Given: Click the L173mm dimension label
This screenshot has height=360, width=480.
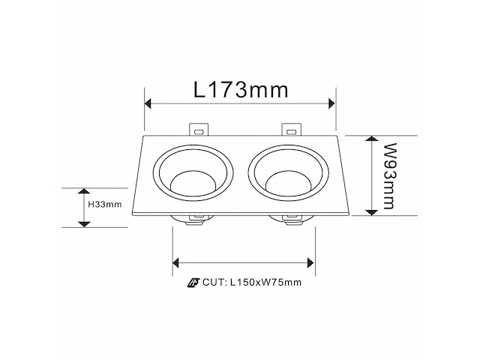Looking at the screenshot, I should coord(240,91).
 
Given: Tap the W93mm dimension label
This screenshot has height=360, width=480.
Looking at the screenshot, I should coord(388,176).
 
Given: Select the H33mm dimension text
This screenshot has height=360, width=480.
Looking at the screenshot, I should coord(104,204).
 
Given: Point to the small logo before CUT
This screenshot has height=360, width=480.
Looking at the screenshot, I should coord(193,283).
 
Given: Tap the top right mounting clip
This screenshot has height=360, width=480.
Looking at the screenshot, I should coord(290,130).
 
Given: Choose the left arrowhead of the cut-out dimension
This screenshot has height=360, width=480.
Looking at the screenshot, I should coord(178,262).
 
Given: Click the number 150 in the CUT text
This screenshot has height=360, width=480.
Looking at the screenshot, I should coord(244,283).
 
